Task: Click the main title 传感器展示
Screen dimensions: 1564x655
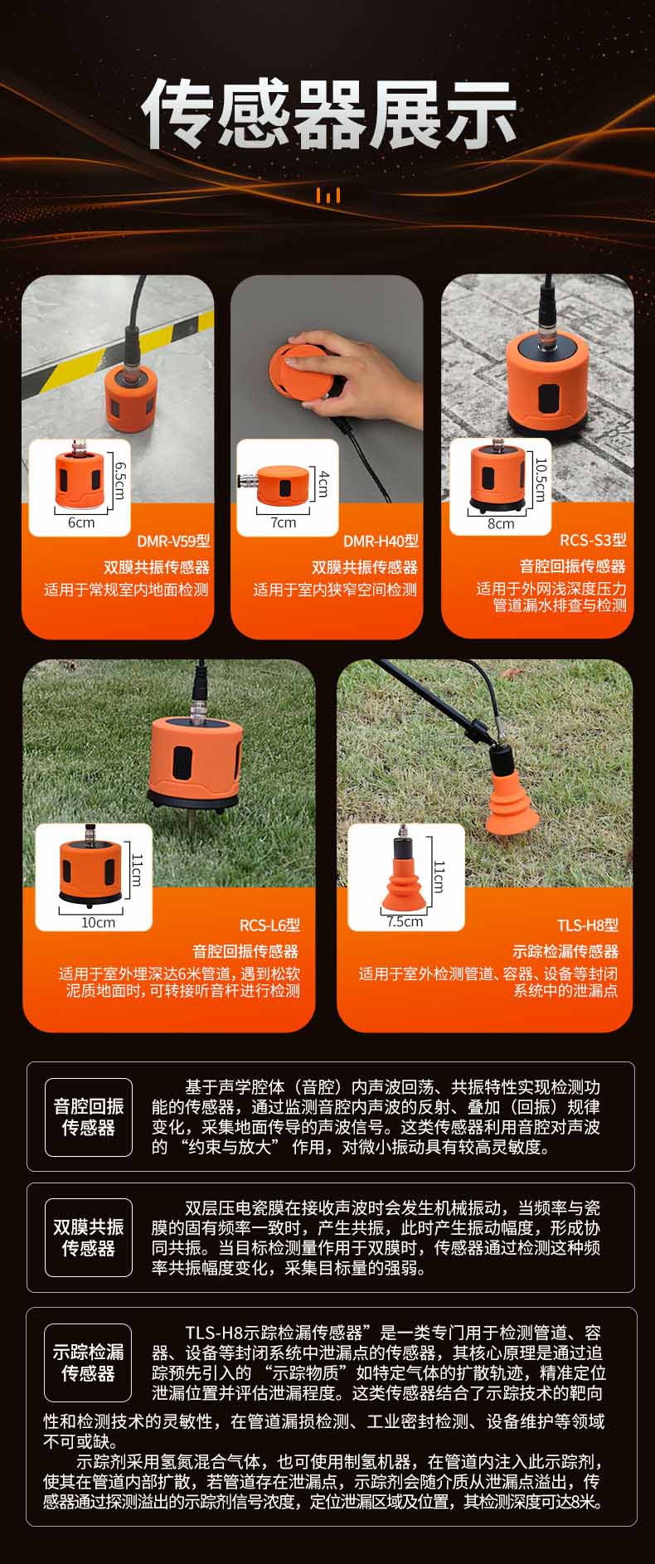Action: tap(329, 115)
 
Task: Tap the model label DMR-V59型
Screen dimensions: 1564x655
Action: tap(174, 542)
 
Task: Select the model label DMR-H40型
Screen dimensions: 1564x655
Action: tap(381, 542)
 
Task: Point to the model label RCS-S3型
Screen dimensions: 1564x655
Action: tap(593, 541)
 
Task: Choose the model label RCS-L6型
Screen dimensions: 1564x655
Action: tap(269, 925)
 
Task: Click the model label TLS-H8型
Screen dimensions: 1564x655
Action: tap(588, 925)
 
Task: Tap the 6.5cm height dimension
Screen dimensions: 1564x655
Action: tap(119, 481)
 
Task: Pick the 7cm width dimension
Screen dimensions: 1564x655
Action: tap(283, 522)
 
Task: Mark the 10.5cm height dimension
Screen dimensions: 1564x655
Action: tap(541, 479)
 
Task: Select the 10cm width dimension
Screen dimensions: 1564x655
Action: tap(98, 922)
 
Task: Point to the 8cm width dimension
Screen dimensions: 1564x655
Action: tap(500, 524)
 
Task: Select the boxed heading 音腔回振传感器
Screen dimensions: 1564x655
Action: tap(88, 1116)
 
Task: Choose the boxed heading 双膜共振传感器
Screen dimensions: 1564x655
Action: tap(88, 1237)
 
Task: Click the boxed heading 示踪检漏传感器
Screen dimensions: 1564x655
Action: tap(88, 1362)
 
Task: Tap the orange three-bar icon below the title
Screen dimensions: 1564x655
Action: tap(328, 196)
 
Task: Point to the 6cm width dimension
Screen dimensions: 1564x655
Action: tap(81, 522)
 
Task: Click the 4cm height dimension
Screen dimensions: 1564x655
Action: tap(323, 483)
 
